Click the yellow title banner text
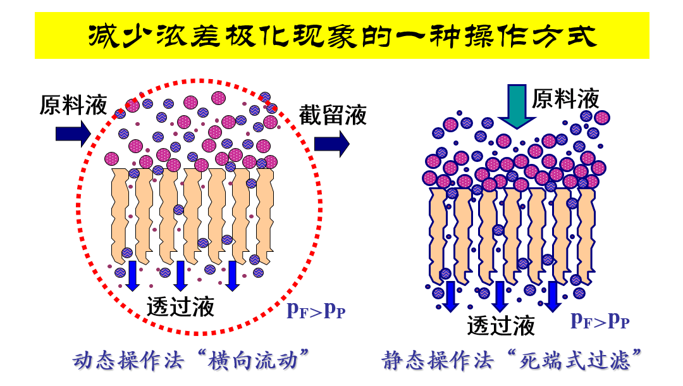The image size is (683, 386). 341,37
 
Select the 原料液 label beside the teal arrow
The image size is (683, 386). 565,99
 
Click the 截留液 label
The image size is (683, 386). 333,115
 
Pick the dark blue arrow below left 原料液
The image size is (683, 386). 73,133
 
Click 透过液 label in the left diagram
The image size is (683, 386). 180,306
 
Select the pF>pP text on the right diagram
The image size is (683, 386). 600,320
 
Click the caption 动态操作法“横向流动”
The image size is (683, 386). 195,361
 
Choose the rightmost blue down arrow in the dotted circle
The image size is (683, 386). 232,276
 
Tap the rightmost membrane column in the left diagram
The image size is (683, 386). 264,215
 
